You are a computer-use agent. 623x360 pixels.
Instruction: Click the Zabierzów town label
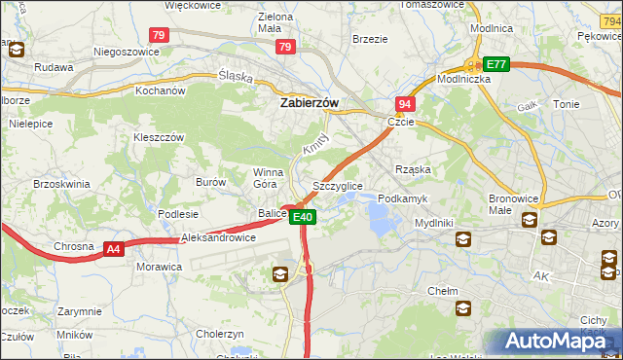pos(310,100)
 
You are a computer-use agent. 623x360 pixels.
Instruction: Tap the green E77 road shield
pos(496,63)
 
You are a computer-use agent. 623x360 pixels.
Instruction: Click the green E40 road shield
pos(303,217)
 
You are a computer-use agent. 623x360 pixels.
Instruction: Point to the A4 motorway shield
pos(114,249)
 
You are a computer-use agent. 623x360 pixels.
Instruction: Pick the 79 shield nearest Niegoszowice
pos(160,35)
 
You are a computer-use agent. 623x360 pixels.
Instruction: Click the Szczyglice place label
pos(338,185)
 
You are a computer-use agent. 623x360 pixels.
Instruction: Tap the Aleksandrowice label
pos(218,237)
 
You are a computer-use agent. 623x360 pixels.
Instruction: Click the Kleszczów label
pos(159,138)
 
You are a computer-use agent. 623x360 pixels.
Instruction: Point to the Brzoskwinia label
pos(61,183)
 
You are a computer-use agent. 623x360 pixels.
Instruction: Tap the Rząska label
pos(412,169)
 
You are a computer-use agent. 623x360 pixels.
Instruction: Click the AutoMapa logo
pos(557,342)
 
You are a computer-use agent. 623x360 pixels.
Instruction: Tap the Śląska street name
pos(236,77)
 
